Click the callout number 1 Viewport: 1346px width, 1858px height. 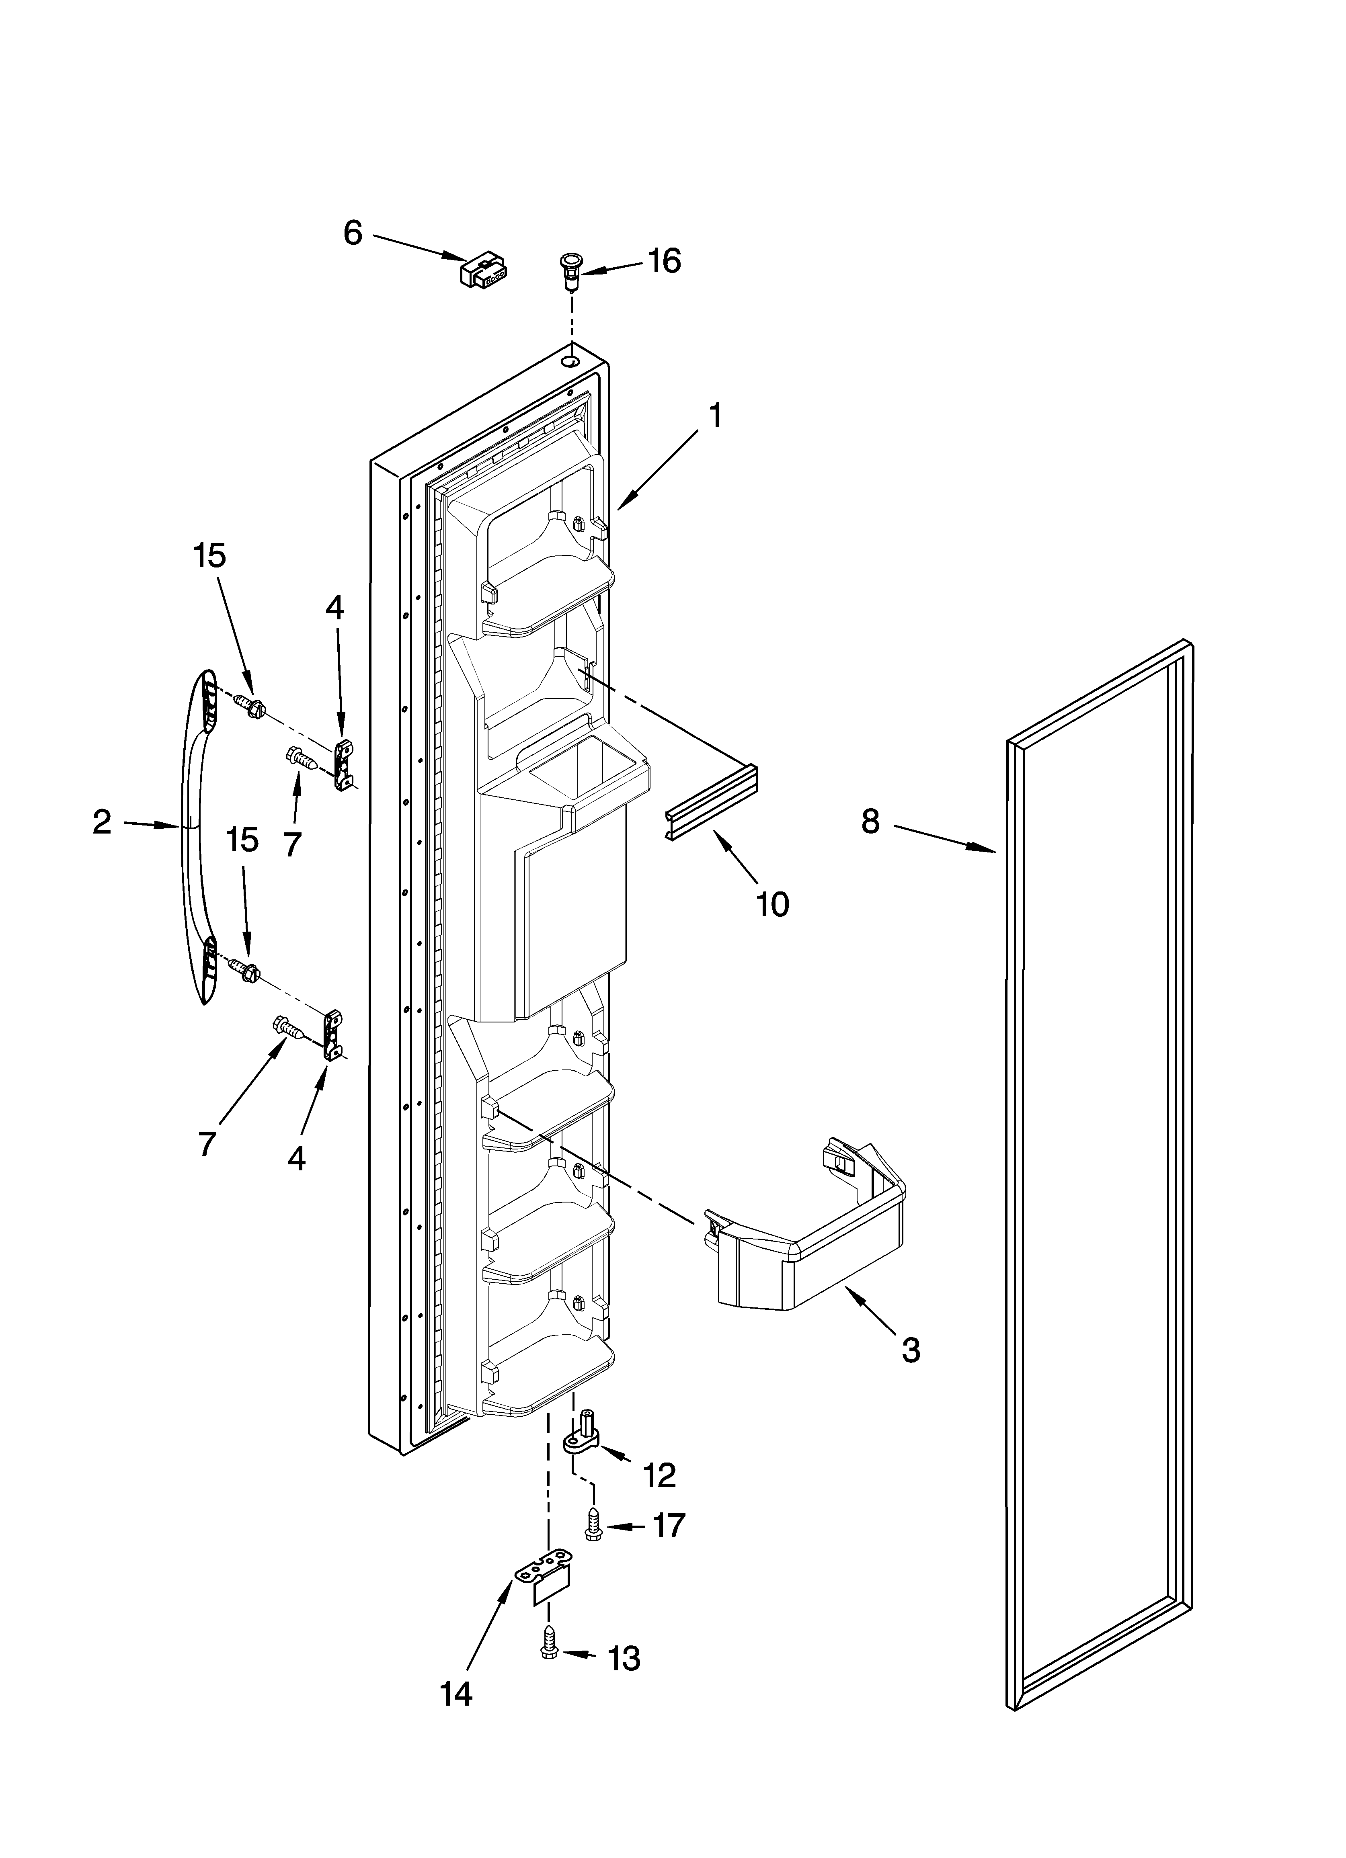pyautogui.click(x=716, y=416)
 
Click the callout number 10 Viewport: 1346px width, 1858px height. pyautogui.click(x=772, y=903)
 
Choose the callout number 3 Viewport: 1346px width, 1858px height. pyautogui.click(x=911, y=1349)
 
